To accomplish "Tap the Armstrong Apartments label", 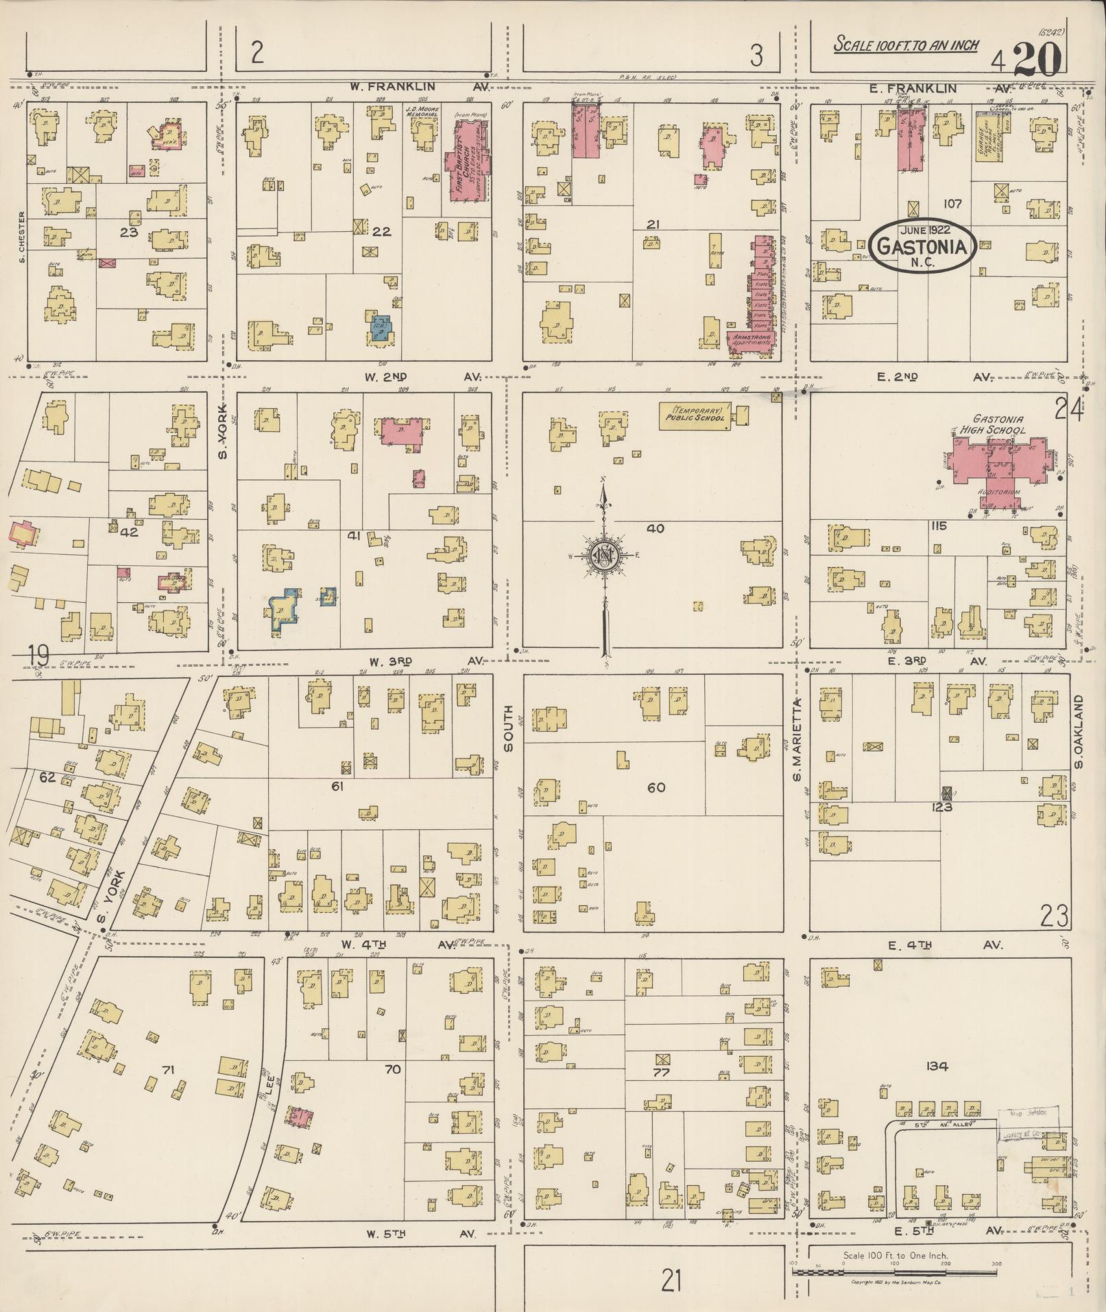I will [x=752, y=341].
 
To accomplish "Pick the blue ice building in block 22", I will [x=381, y=327].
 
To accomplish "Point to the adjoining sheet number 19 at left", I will [x=38, y=656].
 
